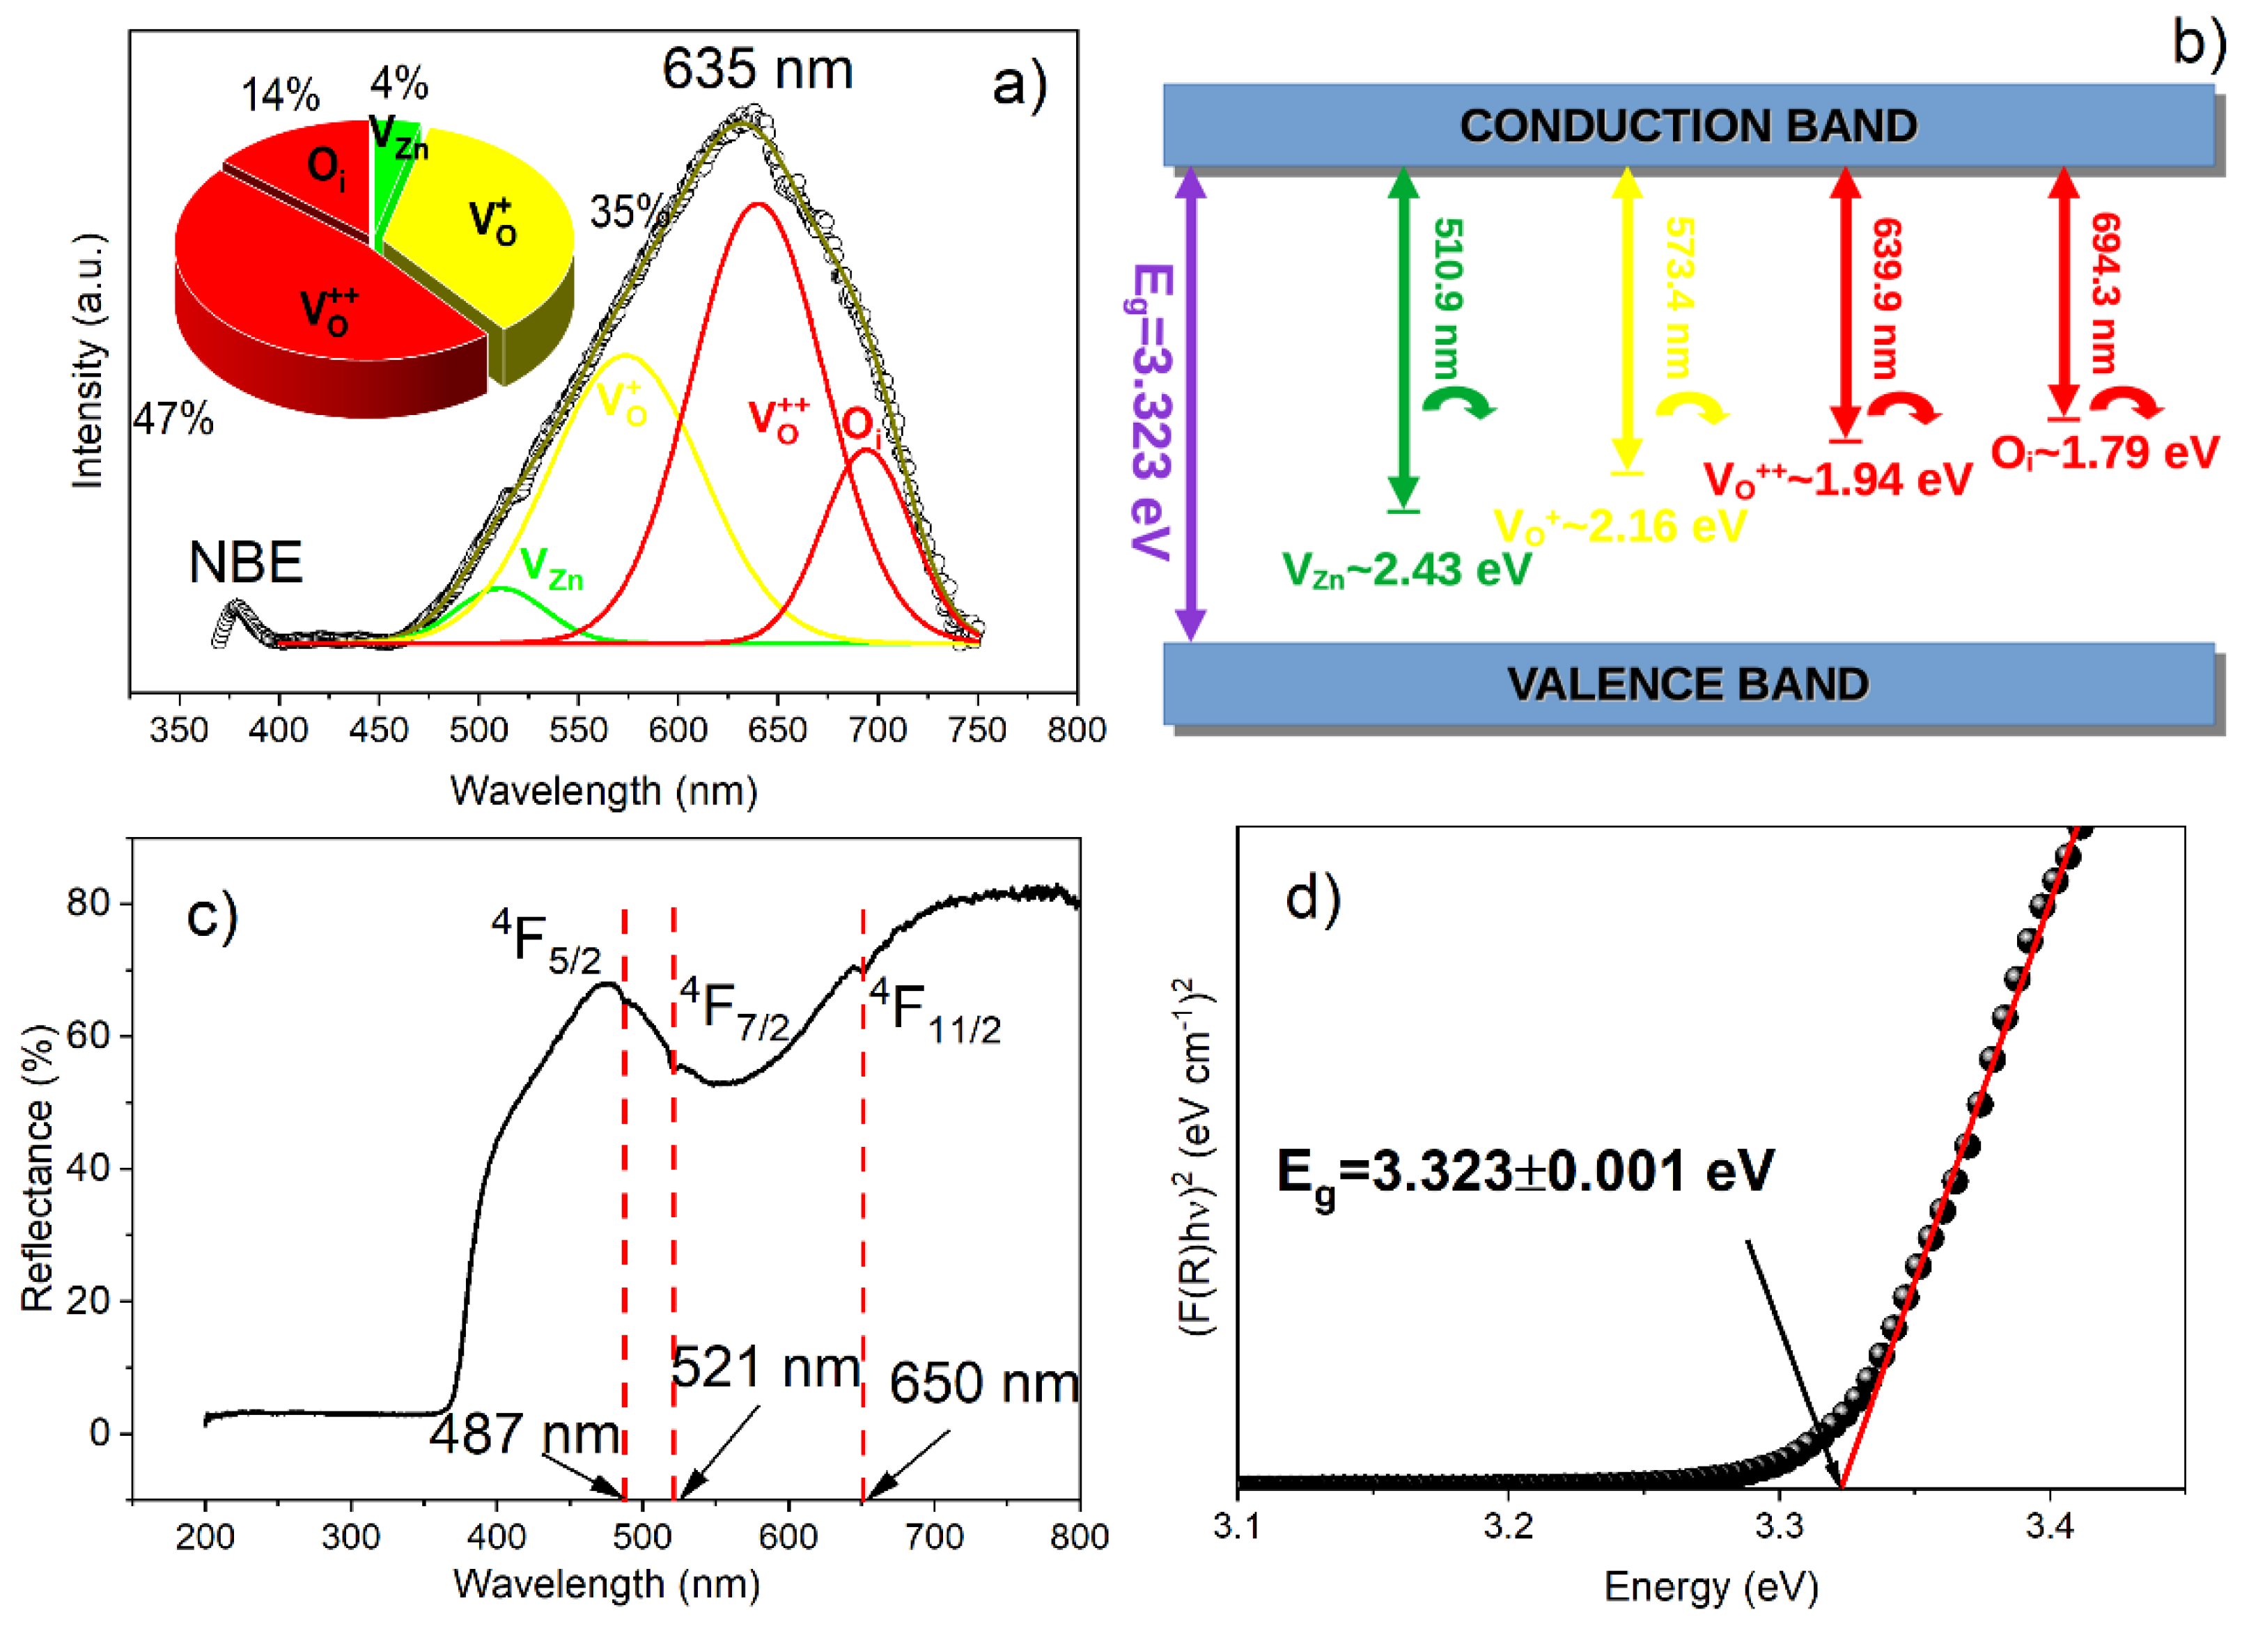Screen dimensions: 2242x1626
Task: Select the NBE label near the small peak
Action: pos(245,563)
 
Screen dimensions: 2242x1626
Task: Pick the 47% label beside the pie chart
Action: pos(173,419)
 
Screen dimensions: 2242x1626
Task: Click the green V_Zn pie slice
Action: pos(394,168)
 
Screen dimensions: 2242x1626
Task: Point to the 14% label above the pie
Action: pos(281,95)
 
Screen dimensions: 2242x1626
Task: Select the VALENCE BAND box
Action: pos(1688,684)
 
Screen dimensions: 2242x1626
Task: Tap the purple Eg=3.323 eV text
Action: pos(1151,411)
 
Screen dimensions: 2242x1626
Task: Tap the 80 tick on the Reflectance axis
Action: pos(87,902)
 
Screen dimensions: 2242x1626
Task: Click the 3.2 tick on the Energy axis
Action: pos(1509,1527)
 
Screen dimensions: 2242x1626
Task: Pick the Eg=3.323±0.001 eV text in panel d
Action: pos(1525,1174)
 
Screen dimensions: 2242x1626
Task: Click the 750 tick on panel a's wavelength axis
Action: pos(976,730)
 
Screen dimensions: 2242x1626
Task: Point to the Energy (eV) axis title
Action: pos(1711,1586)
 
